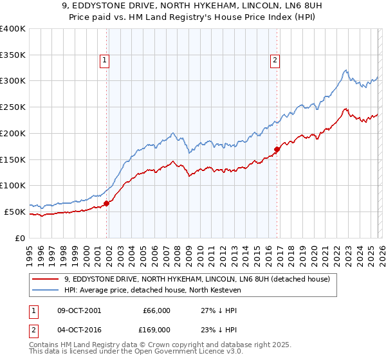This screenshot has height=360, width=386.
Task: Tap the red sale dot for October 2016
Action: click(277, 150)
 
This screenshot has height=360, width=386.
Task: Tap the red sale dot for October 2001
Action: click(107, 203)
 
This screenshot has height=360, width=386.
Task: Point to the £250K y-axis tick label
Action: click(13, 107)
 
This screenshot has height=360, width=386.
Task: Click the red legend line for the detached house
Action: click(46, 279)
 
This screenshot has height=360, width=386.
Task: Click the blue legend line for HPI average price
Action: click(46, 291)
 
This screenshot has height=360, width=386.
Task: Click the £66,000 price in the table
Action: click(156, 310)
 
